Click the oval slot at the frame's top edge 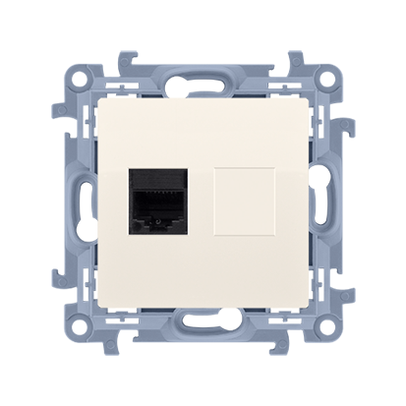coord(203,76)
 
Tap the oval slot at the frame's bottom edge coord(203,330)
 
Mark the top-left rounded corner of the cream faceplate coord(99,99)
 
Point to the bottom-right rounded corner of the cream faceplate coord(307,307)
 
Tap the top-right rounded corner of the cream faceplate coord(307,99)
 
